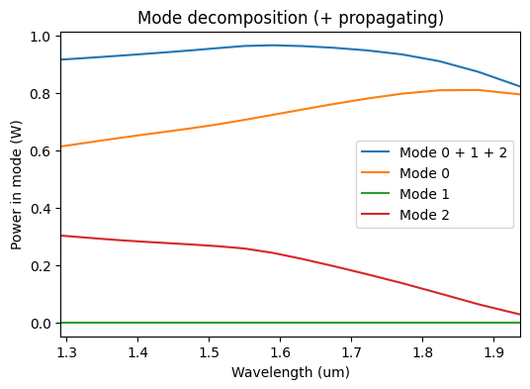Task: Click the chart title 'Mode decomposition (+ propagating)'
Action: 291,18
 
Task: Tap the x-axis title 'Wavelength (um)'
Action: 291,372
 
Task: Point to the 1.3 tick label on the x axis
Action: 66,351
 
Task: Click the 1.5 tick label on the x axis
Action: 209,351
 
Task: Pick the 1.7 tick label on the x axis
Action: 350,351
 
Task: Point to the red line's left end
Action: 61,236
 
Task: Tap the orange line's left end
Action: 61,146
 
